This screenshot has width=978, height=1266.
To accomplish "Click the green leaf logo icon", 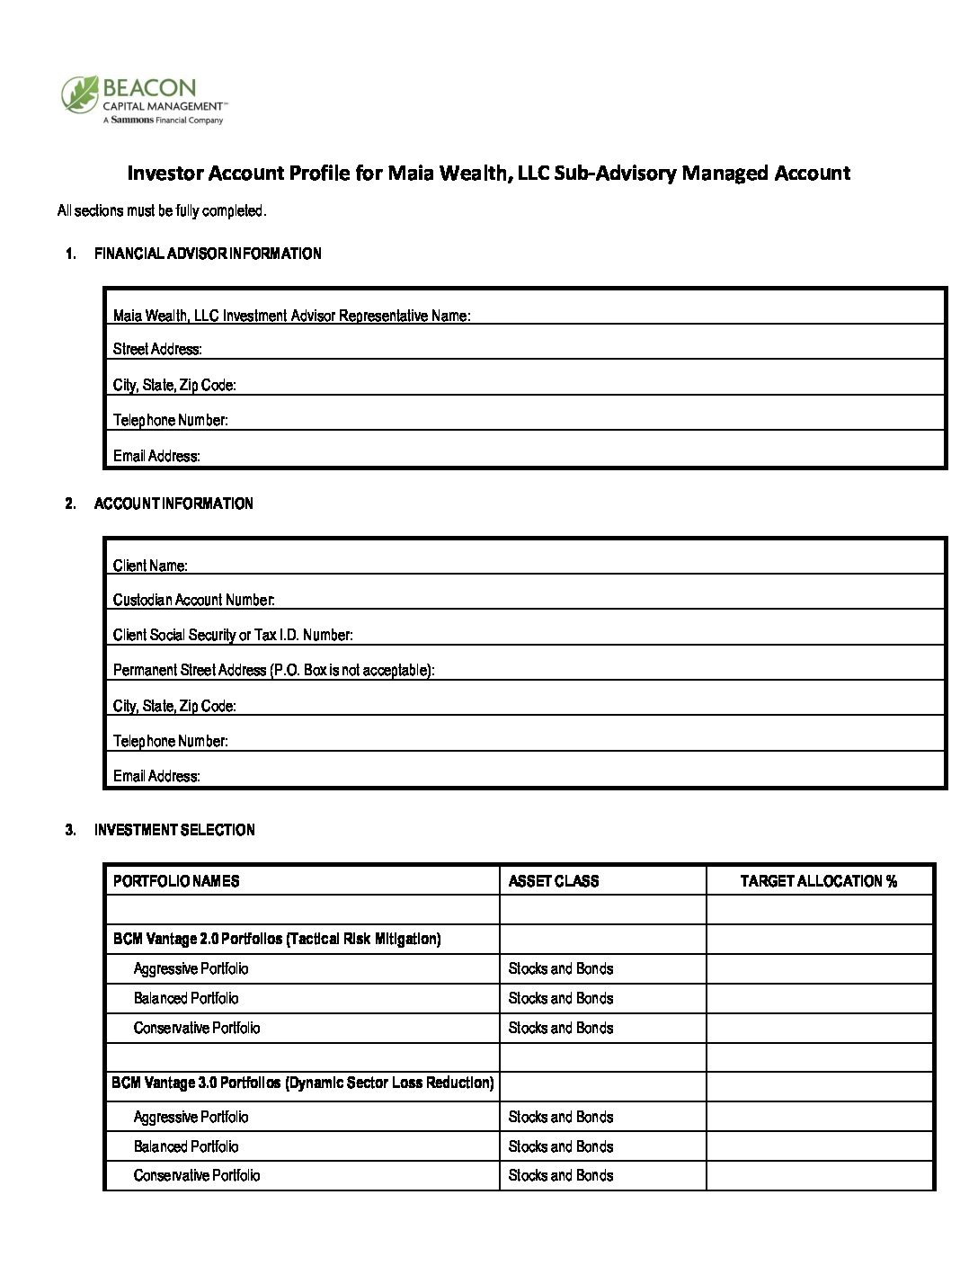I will coord(79,94).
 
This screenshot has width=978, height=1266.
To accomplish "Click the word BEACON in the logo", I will coord(149,88).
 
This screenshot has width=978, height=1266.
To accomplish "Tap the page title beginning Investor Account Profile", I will coord(488,173).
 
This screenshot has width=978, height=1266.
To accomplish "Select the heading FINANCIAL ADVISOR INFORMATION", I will coord(208,254).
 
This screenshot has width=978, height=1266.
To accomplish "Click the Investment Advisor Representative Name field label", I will coord(291,316).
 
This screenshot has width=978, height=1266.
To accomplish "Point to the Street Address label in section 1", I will coord(157,349).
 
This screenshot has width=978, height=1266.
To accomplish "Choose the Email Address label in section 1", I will coord(156,456).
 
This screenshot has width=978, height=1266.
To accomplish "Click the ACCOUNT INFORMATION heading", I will coord(173,504).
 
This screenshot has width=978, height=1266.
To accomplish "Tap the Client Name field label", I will coord(150,566).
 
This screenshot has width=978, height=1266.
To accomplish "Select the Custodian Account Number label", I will coord(193,600).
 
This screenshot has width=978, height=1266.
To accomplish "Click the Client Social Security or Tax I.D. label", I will coord(233,635).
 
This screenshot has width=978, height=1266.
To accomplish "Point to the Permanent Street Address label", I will coord(273,670).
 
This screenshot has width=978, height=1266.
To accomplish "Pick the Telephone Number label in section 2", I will coord(170,741).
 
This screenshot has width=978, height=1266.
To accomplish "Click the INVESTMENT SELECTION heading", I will coord(174,830).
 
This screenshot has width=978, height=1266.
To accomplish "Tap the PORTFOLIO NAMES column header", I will coord(176,881).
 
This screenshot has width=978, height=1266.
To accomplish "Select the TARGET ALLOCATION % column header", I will coord(818,881).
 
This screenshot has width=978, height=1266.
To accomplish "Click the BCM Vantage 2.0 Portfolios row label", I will coord(276,939).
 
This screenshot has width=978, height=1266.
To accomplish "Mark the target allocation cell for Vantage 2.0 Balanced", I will coord(819,998).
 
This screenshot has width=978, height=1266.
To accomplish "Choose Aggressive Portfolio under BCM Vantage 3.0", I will coord(191,1117).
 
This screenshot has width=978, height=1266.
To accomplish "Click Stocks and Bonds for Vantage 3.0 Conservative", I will coord(561,1175).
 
